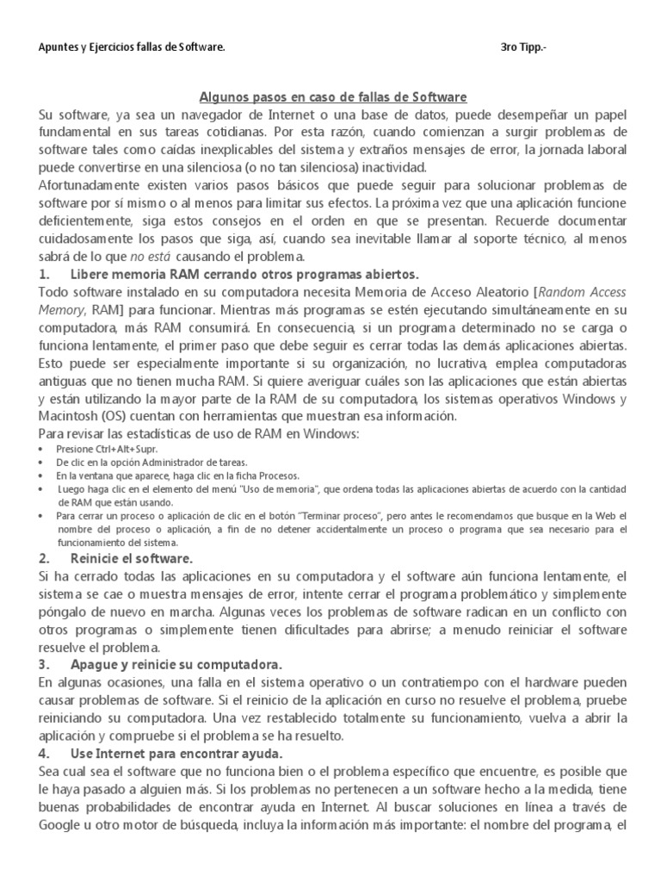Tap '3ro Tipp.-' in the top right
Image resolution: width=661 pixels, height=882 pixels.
(x=522, y=47)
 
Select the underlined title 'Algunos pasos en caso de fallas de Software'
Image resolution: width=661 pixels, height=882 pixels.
(x=333, y=98)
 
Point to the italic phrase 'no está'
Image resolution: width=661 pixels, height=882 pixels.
(x=150, y=257)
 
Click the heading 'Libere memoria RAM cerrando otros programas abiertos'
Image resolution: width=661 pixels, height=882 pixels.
(x=244, y=275)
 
